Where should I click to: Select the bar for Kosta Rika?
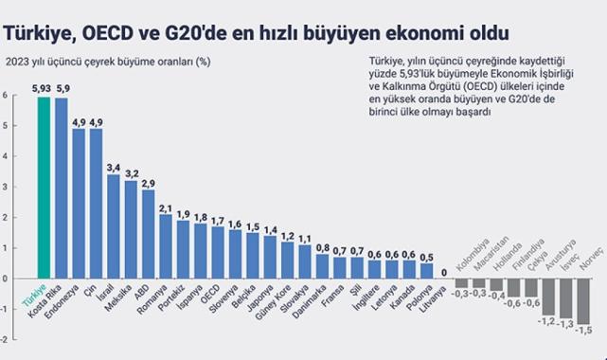(x=62, y=189)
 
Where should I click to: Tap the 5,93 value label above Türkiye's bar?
(x=41, y=89)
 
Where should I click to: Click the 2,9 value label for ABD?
(x=148, y=182)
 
